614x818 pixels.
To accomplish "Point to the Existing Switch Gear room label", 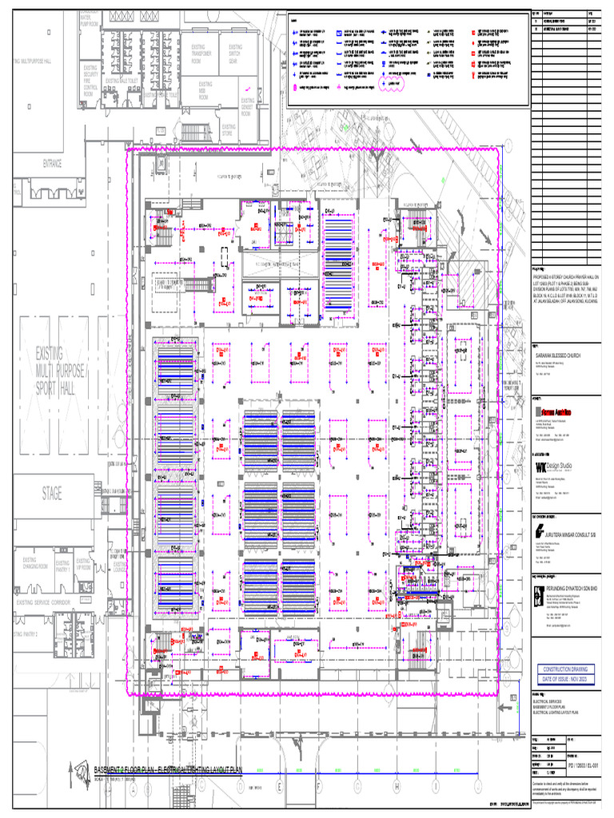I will click(x=235, y=54).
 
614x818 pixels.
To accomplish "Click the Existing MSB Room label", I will click(x=205, y=89).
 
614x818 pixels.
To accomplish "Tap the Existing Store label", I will click(x=229, y=130).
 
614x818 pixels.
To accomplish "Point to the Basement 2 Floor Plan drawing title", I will click(x=168, y=769).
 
